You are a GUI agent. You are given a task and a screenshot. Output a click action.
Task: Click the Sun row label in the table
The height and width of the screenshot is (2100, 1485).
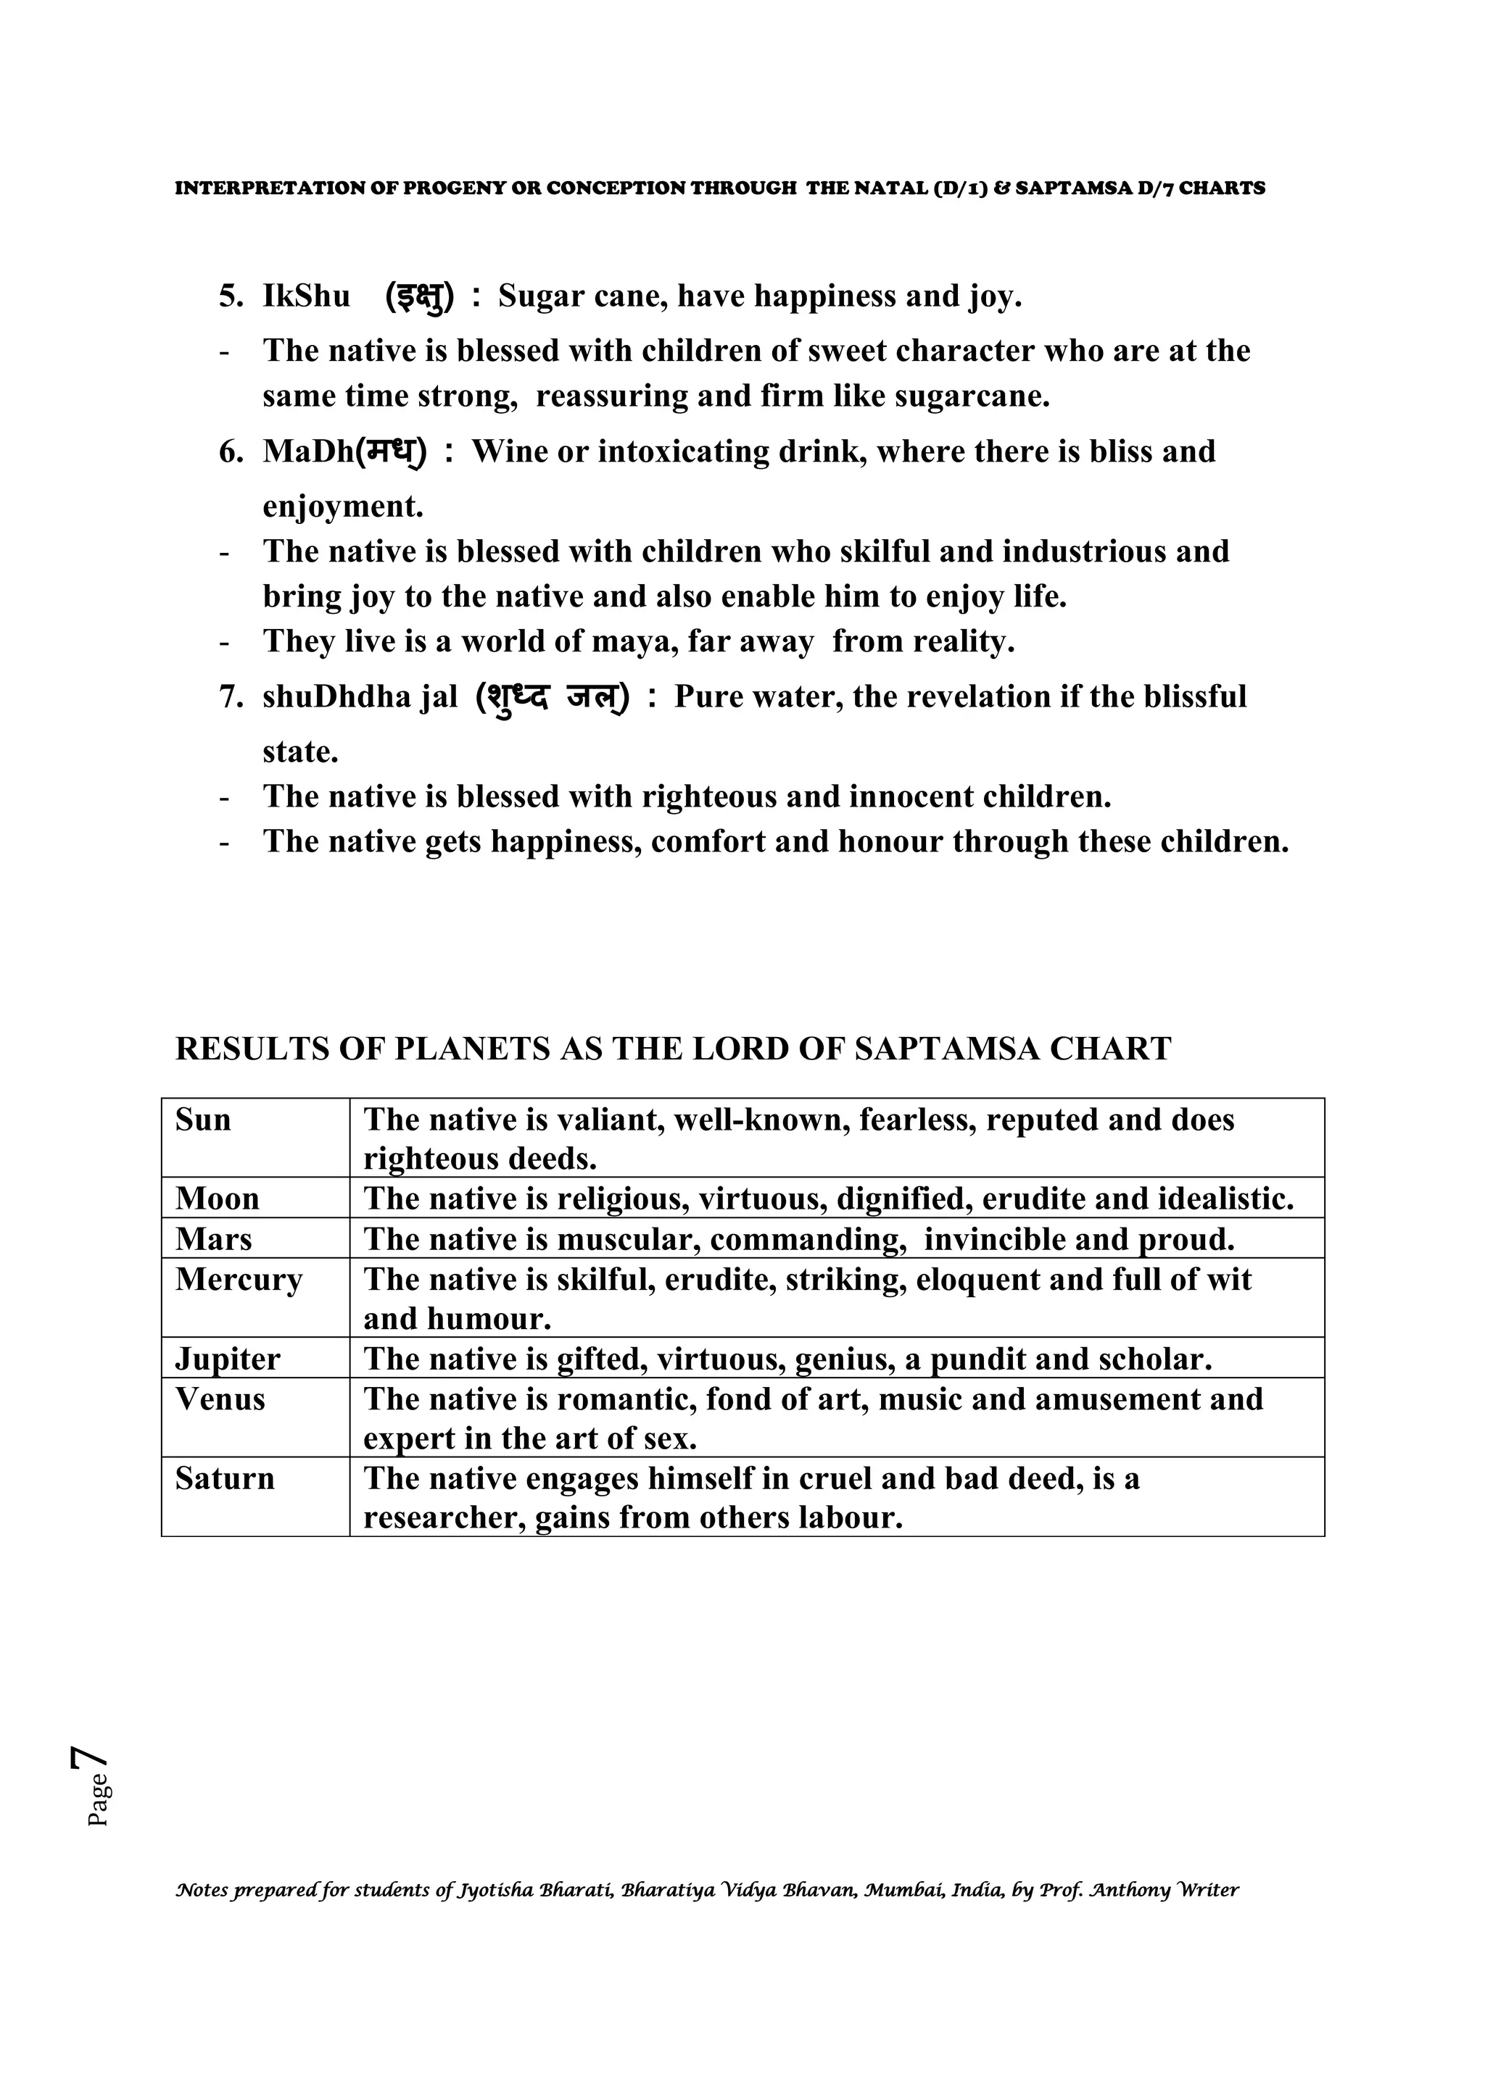203,1120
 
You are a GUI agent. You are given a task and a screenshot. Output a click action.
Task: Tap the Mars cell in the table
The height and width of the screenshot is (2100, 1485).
213,1239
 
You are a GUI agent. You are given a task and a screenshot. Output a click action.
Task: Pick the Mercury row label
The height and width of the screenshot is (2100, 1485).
238,1280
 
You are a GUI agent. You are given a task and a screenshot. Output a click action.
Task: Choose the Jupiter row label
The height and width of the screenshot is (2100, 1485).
228,1359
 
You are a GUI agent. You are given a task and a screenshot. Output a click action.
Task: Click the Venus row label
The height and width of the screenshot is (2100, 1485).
220,1399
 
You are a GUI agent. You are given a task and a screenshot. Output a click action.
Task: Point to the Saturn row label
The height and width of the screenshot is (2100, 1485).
225,1479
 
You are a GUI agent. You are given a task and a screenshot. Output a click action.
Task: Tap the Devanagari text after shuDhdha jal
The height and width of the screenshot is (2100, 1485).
553,699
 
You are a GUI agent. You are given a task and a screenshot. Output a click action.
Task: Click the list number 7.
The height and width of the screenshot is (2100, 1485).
230,697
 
